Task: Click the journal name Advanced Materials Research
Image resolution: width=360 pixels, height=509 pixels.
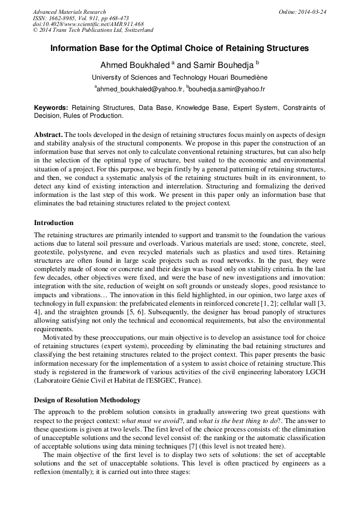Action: [69, 12]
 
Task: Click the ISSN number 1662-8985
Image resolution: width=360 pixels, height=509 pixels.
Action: [65, 18]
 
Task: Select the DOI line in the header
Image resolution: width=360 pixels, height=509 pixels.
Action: [88, 24]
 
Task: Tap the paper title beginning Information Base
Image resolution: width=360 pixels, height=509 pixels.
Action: [179, 48]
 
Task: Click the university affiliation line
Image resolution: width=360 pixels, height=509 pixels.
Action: [179, 77]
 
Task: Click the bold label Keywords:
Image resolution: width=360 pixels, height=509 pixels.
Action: [51, 108]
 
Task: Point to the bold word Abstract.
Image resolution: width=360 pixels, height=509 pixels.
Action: [48, 135]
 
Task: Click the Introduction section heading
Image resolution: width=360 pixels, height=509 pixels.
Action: [54, 223]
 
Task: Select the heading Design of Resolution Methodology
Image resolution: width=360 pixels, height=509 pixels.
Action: [87, 400]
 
